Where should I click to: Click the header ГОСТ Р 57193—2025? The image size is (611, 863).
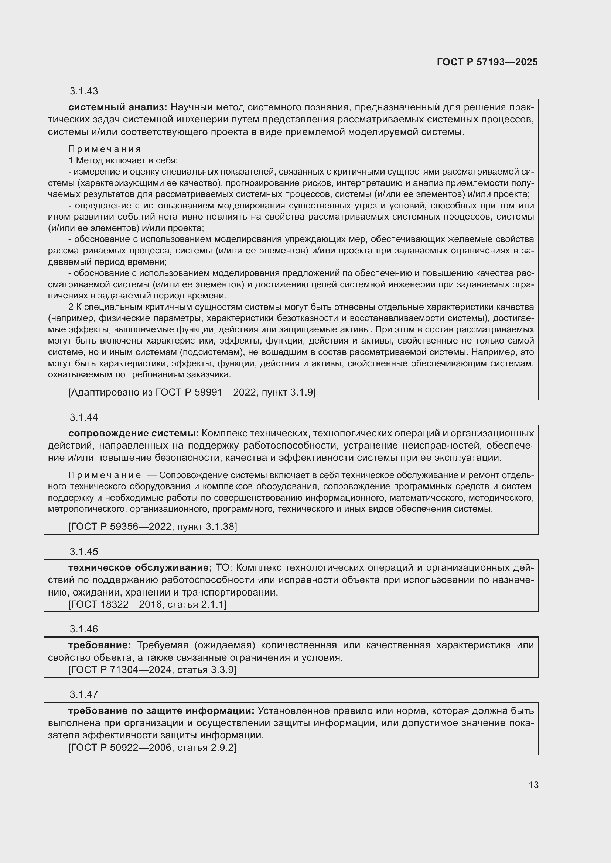(487, 62)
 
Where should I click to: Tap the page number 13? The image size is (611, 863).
(533, 785)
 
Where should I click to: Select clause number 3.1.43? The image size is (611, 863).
(83, 91)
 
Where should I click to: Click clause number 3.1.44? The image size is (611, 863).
(83, 417)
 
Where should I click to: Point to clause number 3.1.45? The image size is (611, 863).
(83, 551)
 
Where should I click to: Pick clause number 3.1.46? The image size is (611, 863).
(83, 629)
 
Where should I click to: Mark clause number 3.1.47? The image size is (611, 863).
(83, 694)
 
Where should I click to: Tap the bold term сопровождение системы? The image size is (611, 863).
(134, 434)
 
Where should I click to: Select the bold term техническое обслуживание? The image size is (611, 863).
(140, 567)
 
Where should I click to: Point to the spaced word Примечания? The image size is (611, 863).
(105, 149)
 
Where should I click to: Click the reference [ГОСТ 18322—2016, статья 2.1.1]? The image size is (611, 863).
(147, 604)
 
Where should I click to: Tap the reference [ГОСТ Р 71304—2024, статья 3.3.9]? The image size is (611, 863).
(152, 670)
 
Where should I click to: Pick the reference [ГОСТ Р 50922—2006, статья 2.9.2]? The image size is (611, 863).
(152, 748)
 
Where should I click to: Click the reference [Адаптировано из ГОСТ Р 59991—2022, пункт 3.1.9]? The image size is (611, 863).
(192, 393)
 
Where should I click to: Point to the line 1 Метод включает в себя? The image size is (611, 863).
(123, 160)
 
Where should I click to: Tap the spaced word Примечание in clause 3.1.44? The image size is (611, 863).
(105, 476)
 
